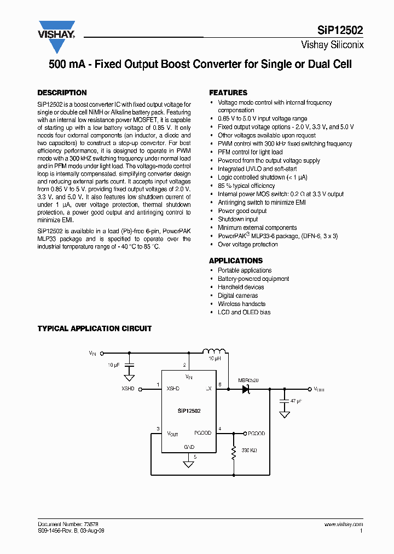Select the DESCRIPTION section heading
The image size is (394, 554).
pyautogui.click(x=62, y=93)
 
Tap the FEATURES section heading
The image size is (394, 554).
pyautogui.click(x=228, y=93)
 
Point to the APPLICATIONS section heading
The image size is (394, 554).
pyautogui.click(x=236, y=261)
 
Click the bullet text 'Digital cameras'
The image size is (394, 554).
pyautogui.click(x=237, y=296)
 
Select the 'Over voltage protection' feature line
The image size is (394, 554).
pyautogui.click(x=248, y=244)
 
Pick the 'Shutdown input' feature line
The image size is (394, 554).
pyautogui.click(x=237, y=219)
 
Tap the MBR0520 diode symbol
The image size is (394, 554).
pyautogui.click(x=246, y=389)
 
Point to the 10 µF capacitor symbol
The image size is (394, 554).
pyautogui.click(x=129, y=364)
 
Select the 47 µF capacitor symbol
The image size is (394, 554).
pyautogui.click(x=284, y=401)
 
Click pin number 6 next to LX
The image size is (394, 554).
pyautogui.click(x=219, y=384)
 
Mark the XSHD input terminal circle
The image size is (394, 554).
pyautogui.click(x=141, y=389)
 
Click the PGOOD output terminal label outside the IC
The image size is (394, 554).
pyautogui.click(x=256, y=433)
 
